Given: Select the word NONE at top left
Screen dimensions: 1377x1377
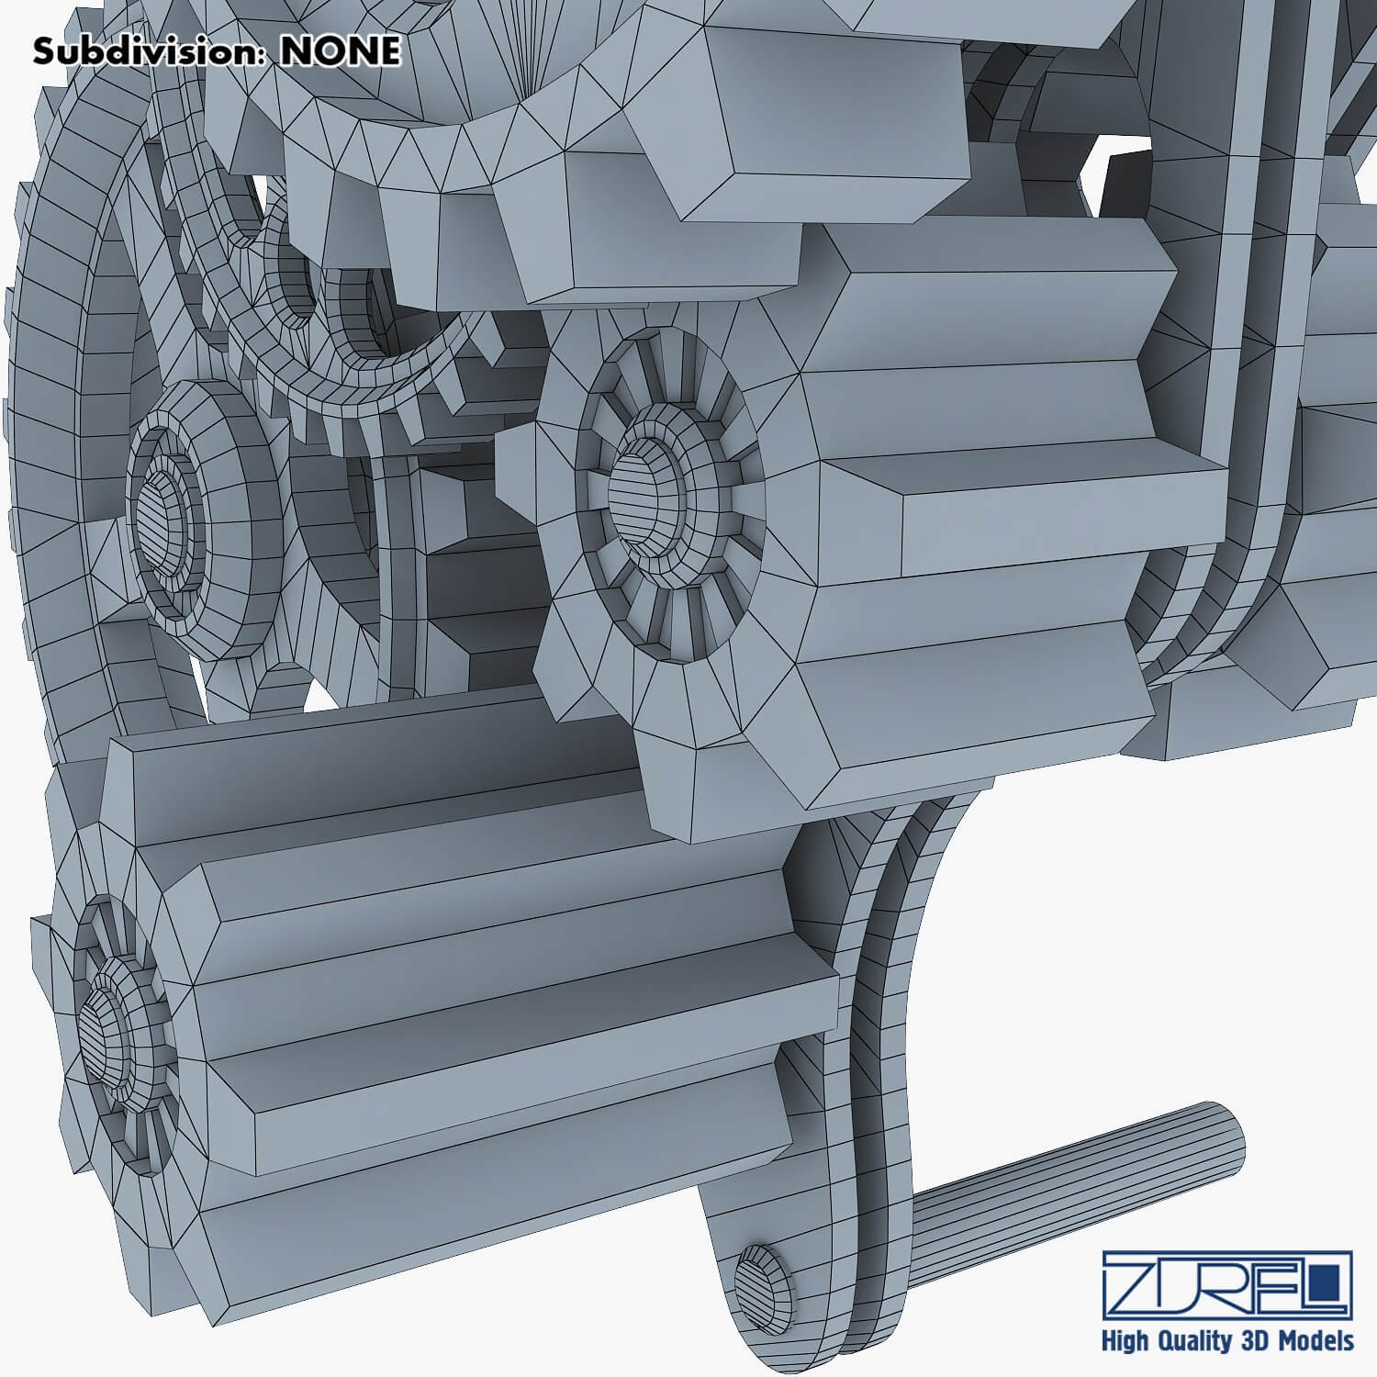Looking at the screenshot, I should tap(341, 52).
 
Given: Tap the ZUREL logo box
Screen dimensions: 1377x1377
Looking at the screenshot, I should tap(1227, 1282).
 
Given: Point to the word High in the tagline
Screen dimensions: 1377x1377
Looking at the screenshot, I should tap(1128, 1341).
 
